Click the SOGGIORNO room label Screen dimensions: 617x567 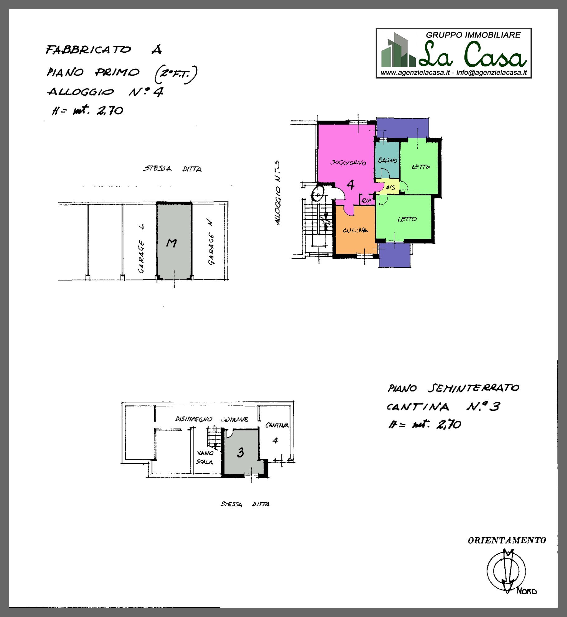(348, 163)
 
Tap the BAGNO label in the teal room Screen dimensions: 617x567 (387, 160)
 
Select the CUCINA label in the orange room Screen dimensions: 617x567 (355, 230)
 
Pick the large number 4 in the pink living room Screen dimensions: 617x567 (351, 185)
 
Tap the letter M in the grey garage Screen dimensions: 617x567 (171, 243)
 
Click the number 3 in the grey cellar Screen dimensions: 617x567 (240, 452)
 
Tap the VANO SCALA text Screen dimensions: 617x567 (204, 457)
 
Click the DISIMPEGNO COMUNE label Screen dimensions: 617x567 (212, 419)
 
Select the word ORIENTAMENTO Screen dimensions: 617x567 (507, 541)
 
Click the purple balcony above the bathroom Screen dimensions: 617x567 (402, 128)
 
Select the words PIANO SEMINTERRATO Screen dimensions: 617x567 (453, 388)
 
